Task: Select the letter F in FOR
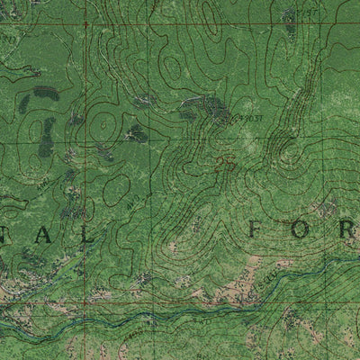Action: pos(256,231)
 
